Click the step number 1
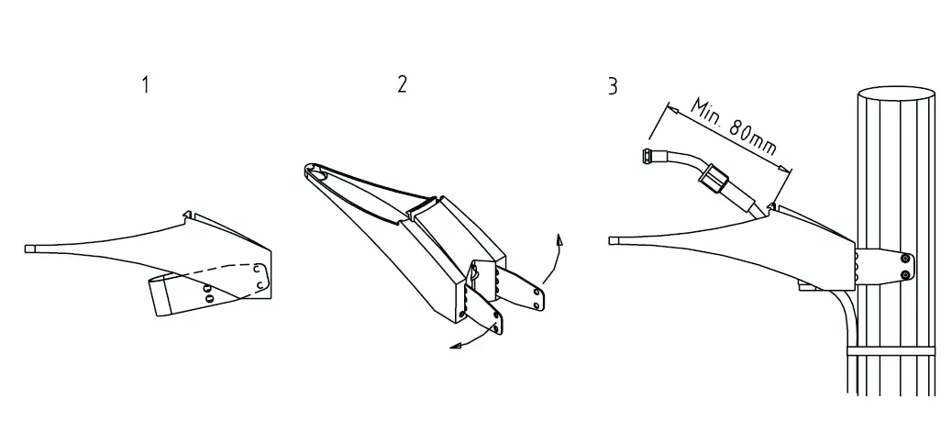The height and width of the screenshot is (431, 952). click(x=145, y=85)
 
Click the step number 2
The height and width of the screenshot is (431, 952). click(x=402, y=84)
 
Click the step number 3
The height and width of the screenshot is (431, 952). click(x=612, y=87)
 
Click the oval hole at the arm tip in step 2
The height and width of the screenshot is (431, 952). click(x=315, y=171)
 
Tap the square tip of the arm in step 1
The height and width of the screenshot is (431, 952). click(x=28, y=248)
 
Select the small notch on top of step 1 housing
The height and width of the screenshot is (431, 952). click(x=188, y=216)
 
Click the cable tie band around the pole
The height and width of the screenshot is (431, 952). click(x=890, y=350)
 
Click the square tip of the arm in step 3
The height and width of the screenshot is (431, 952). click(x=614, y=240)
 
